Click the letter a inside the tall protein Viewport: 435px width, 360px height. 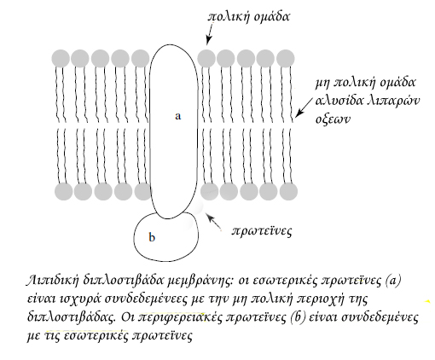[177, 116]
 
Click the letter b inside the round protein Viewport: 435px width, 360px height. [152, 237]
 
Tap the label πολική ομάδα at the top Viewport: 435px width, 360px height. [249, 17]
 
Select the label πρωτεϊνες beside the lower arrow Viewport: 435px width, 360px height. [262, 231]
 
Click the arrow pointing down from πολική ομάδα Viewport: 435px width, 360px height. [210, 34]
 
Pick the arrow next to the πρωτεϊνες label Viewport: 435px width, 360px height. [214, 222]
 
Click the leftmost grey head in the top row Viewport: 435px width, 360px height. [61, 59]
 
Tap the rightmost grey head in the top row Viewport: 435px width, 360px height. [286, 59]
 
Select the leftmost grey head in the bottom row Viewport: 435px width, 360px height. [64, 191]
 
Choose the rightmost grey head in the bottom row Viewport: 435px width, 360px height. [288, 191]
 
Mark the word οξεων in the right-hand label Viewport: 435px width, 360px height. [332, 119]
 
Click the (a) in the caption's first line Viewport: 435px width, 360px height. [393, 281]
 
